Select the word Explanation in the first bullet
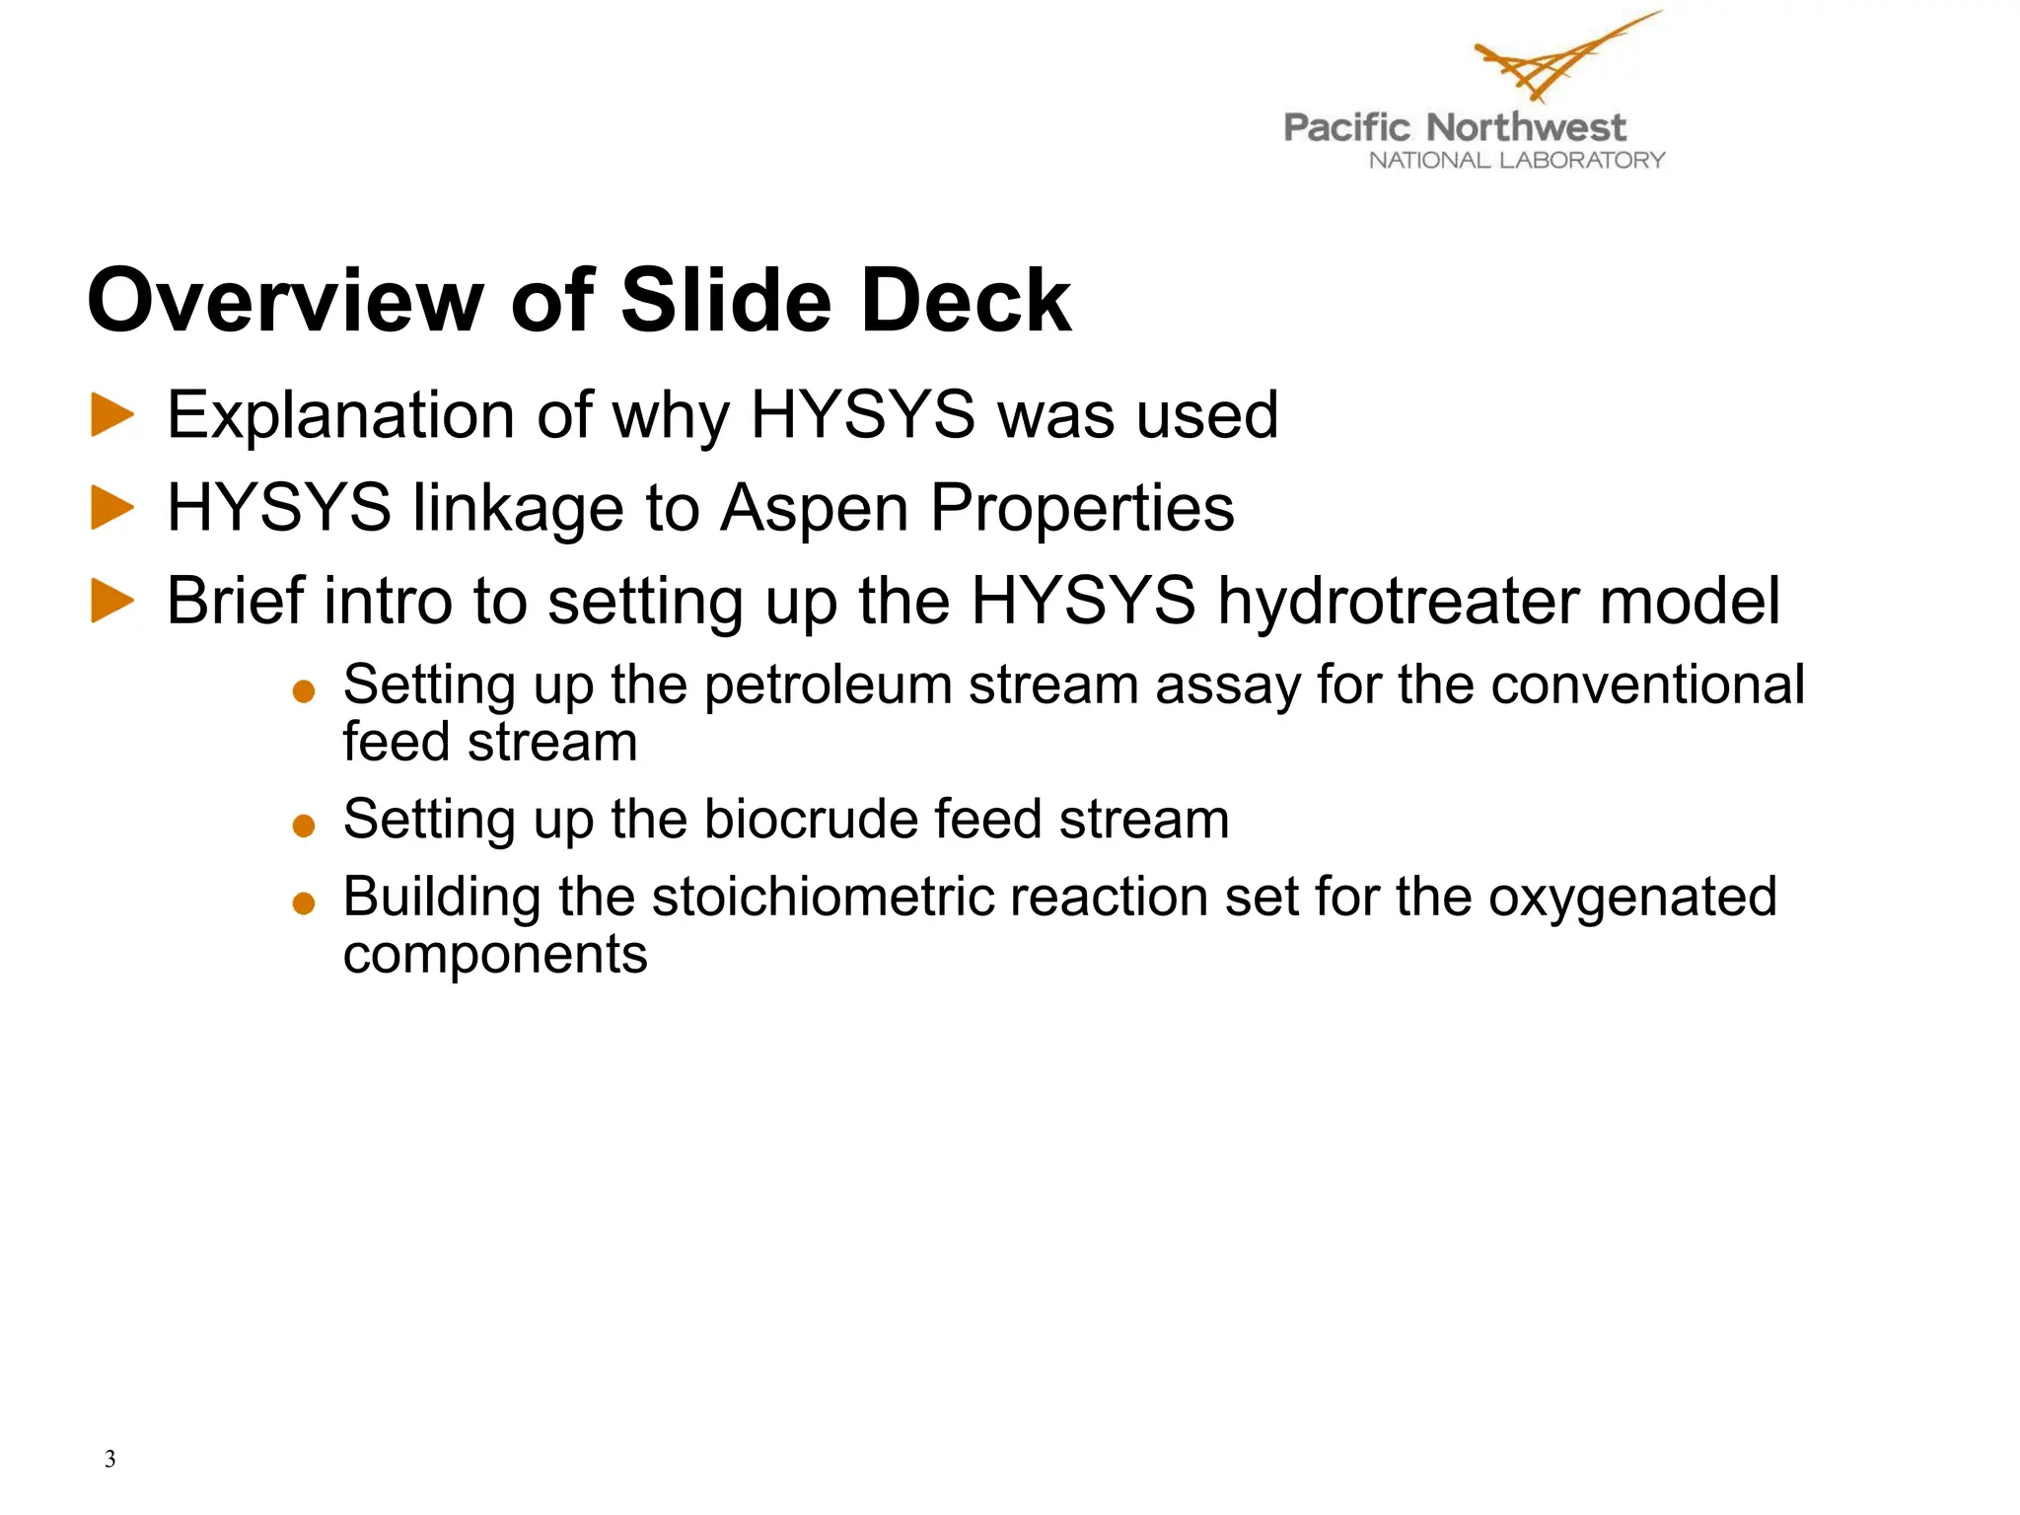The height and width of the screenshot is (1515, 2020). tap(340, 415)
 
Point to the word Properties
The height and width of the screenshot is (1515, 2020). tap(1082, 509)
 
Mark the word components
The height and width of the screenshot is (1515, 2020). tap(495, 955)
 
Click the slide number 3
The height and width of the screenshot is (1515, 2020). tap(109, 1459)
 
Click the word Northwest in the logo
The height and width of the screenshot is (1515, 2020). tap(1525, 127)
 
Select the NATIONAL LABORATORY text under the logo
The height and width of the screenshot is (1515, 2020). tap(1516, 161)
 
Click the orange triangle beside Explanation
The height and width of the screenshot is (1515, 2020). tap(112, 414)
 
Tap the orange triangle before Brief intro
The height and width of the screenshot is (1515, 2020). tap(112, 601)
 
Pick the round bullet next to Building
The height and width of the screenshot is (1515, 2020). tap(304, 902)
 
